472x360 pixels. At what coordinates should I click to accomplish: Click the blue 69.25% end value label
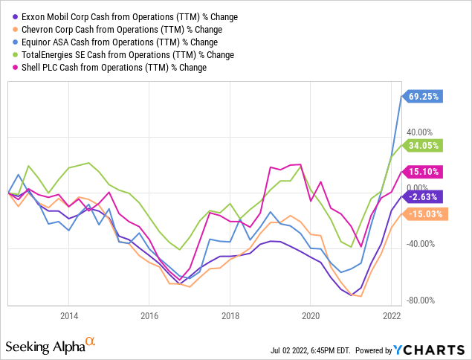(x=424, y=96)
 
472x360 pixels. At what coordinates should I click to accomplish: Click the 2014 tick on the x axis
(x=68, y=315)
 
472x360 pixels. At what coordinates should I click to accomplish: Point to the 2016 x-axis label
(x=149, y=315)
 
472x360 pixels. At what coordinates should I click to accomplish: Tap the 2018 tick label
(x=230, y=315)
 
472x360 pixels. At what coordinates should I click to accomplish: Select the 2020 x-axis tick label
(x=310, y=315)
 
